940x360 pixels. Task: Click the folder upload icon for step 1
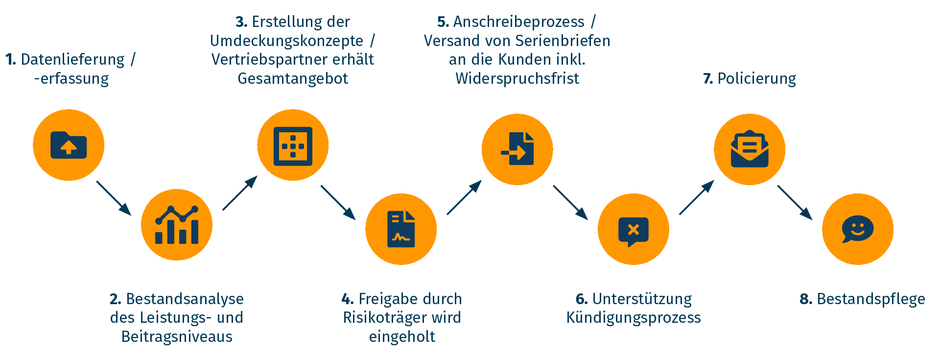tap(69, 145)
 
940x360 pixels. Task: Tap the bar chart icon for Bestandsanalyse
tap(177, 225)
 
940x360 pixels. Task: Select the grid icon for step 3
tap(293, 145)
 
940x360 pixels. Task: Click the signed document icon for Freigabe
tap(401, 229)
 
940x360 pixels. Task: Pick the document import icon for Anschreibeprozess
tap(517, 149)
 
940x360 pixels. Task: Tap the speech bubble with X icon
tap(634, 229)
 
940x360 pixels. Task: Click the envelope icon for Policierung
tap(750, 149)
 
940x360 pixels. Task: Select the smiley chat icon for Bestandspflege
tap(858, 229)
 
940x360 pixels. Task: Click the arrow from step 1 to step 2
tap(114, 198)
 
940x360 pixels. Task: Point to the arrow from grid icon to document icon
tap(338, 202)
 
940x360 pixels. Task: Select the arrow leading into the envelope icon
tap(696, 198)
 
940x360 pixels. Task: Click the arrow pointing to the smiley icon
tap(795, 202)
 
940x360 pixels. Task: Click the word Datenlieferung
tap(72, 60)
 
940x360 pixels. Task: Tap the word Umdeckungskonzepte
tap(287, 41)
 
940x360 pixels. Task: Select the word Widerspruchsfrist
tap(517, 78)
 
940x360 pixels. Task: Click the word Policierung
tap(756, 78)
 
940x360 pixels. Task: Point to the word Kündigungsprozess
tap(634, 317)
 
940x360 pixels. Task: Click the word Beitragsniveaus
tap(177, 336)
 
